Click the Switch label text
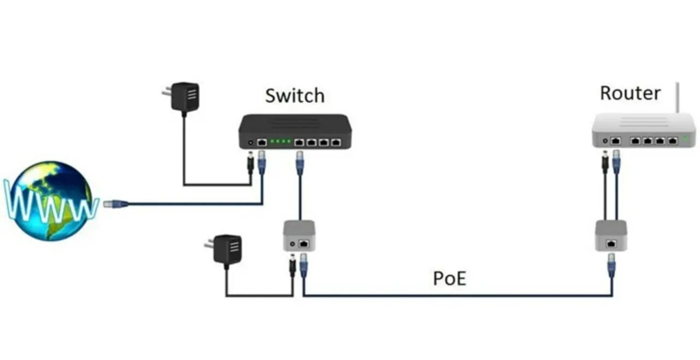(294, 96)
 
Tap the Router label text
(630, 92)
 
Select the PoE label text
(450, 278)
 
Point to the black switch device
(295, 132)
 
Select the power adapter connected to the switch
(184, 97)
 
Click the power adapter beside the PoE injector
(227, 249)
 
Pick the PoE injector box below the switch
(299, 235)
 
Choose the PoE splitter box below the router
(611, 235)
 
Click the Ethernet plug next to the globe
(115, 204)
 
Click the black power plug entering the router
(605, 162)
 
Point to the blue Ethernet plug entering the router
(616, 161)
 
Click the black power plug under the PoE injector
(293, 267)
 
